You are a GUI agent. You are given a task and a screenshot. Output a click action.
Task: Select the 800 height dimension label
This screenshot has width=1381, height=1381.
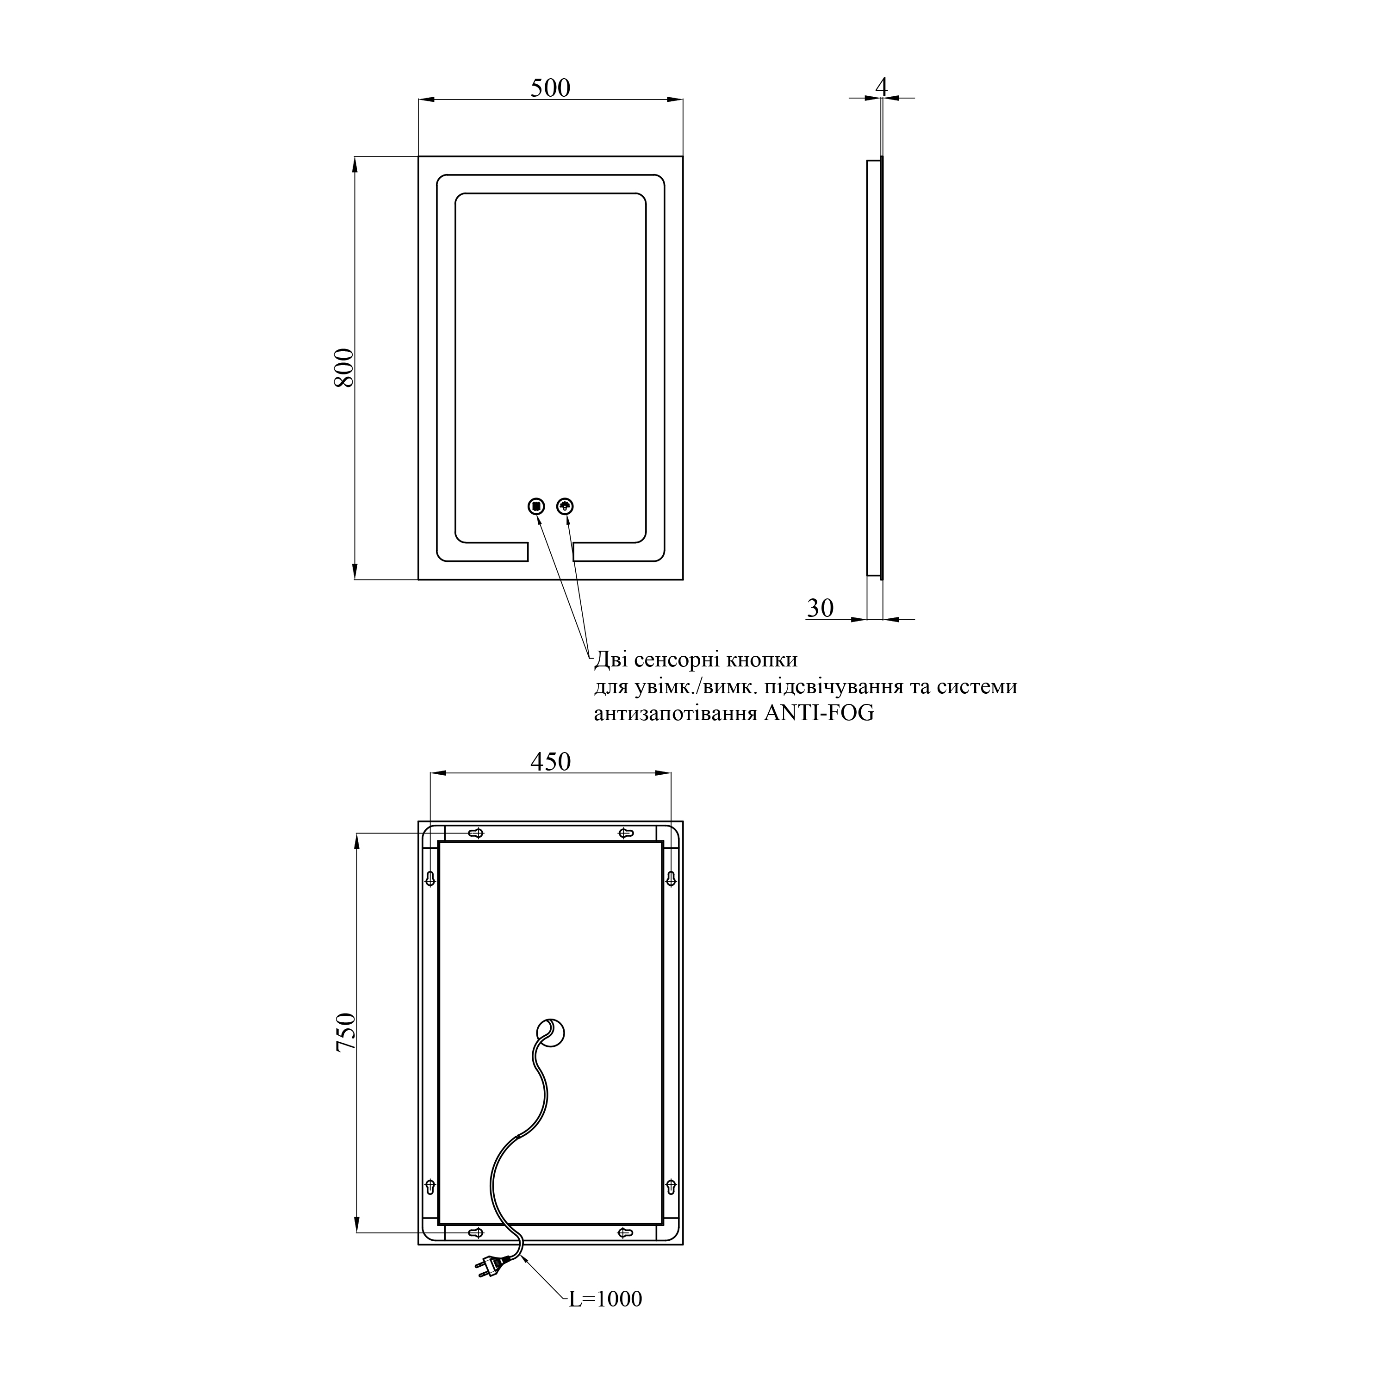[x=344, y=367]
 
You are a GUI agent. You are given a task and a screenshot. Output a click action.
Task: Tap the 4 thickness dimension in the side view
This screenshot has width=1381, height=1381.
[x=881, y=87]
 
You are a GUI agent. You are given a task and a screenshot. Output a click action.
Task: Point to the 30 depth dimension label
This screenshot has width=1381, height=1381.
[x=821, y=608]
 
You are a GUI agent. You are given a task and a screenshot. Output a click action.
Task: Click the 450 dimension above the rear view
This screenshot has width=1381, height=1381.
[x=550, y=762]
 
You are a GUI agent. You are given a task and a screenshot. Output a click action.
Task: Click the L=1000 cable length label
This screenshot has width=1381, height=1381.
[x=605, y=1299]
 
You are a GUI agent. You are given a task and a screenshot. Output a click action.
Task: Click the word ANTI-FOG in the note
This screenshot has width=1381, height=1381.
[x=819, y=713]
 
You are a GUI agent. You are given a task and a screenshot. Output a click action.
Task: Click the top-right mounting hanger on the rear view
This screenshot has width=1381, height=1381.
[x=625, y=833]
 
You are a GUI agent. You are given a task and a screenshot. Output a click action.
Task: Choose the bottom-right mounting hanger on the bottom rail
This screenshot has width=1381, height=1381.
[x=625, y=1232]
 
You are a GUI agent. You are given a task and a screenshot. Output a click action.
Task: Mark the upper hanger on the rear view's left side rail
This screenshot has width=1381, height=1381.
[x=430, y=878]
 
